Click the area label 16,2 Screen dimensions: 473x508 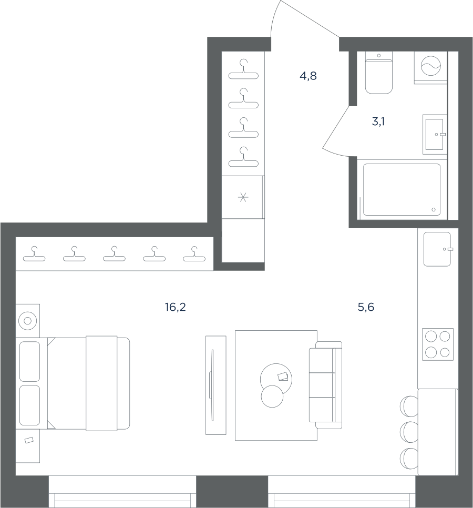click(x=175, y=307)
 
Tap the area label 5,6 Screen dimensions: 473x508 click(x=366, y=307)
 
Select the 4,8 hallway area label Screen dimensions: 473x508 click(x=308, y=76)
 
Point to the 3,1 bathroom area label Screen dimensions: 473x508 click(x=378, y=122)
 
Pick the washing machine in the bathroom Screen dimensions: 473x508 click(x=430, y=67)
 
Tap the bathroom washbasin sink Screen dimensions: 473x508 click(x=435, y=134)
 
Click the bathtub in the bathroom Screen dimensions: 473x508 click(x=402, y=189)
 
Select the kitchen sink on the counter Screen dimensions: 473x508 click(x=437, y=249)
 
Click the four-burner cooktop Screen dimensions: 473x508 click(x=438, y=344)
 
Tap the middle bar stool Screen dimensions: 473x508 click(x=409, y=432)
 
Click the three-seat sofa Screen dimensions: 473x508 click(x=326, y=385)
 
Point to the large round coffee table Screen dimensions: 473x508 click(x=276, y=379)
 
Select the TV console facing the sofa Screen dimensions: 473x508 click(x=215, y=385)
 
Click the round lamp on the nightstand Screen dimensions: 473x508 click(x=27, y=321)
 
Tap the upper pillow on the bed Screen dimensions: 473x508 click(x=29, y=361)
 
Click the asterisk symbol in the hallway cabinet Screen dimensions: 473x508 click(x=243, y=197)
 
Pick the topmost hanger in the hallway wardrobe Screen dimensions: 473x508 click(x=243, y=69)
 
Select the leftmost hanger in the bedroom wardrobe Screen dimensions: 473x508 click(x=34, y=254)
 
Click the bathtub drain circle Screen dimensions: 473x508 click(x=434, y=210)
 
